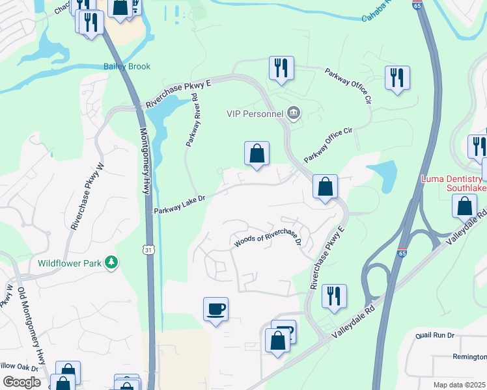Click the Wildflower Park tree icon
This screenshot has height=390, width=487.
[113, 262]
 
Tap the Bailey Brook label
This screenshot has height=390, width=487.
[127, 66]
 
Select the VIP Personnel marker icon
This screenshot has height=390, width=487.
[293, 114]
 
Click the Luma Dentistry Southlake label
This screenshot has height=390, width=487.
[452, 183]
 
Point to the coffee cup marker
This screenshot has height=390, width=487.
[216, 309]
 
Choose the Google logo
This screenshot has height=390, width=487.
[21, 382]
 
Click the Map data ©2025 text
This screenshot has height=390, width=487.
[459, 385]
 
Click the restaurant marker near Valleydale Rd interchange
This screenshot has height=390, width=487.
[334, 296]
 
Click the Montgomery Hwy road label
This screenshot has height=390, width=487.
[145, 159]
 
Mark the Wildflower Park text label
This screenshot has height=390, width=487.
[70, 263]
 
